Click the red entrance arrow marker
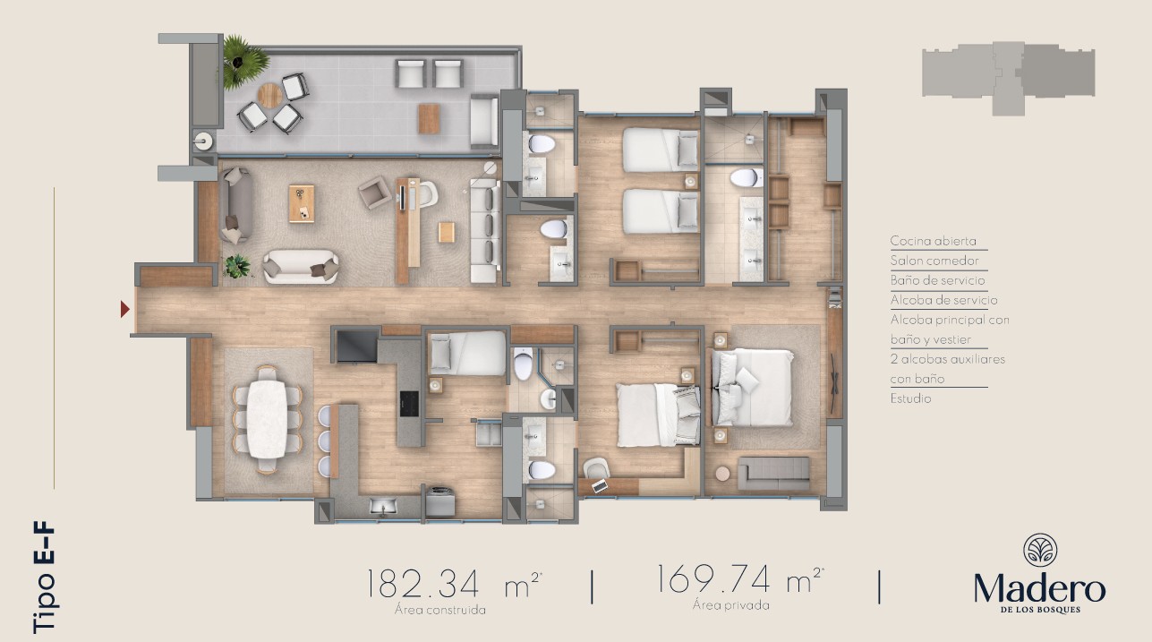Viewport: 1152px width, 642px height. click(124, 309)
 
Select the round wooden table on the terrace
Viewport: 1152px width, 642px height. click(270, 95)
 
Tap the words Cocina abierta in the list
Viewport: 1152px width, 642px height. click(933, 241)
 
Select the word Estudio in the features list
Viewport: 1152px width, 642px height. click(911, 398)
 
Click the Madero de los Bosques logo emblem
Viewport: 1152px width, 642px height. click(1040, 550)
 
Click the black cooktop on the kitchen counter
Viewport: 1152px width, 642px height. click(409, 404)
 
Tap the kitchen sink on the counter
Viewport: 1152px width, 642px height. click(383, 505)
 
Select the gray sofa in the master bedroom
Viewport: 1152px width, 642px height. click(774, 474)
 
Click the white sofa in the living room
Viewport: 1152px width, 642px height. click(301, 267)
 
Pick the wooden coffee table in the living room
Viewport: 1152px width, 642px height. click(302, 204)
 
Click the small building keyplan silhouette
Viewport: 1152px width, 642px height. click(1008, 78)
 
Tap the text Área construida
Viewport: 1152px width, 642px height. click(440, 610)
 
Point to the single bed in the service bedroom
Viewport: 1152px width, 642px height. click(468, 353)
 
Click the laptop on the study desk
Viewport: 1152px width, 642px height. click(600, 485)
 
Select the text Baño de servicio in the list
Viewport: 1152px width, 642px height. click(937, 280)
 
